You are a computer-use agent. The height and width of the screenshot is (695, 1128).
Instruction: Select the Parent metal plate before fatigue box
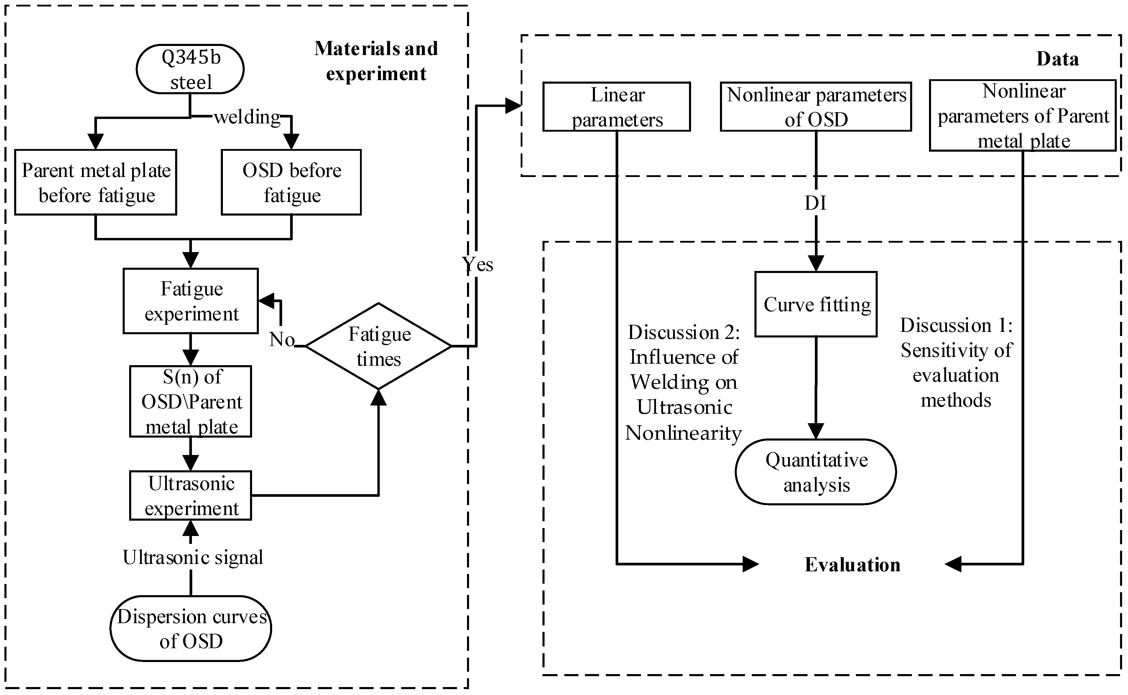(96, 183)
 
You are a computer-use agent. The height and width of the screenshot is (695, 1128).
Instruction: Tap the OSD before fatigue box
(291, 183)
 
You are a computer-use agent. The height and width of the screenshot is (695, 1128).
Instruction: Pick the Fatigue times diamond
(379, 346)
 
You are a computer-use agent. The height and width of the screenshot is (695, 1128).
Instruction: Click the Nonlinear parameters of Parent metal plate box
(1023, 115)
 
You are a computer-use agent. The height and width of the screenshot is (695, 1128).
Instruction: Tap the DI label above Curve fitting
(815, 203)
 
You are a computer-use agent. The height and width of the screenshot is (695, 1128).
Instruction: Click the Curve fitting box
(816, 304)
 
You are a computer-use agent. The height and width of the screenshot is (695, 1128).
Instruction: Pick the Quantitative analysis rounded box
(816, 472)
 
